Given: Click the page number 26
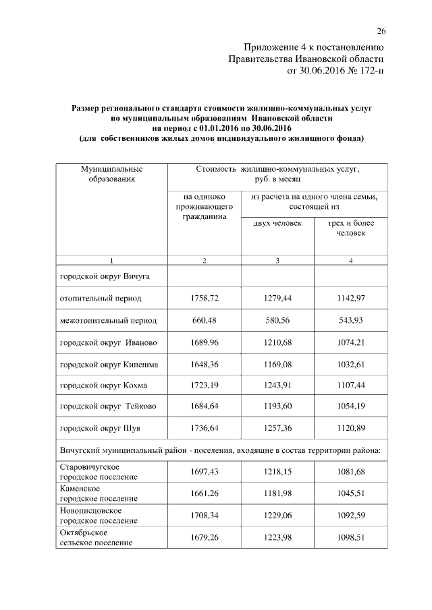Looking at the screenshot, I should click(x=381, y=31).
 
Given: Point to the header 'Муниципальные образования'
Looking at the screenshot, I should click(x=111, y=173).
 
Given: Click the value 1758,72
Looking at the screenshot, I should click(x=204, y=297).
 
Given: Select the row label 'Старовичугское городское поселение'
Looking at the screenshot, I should click(x=99, y=472).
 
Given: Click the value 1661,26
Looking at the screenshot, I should click(x=204, y=493).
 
